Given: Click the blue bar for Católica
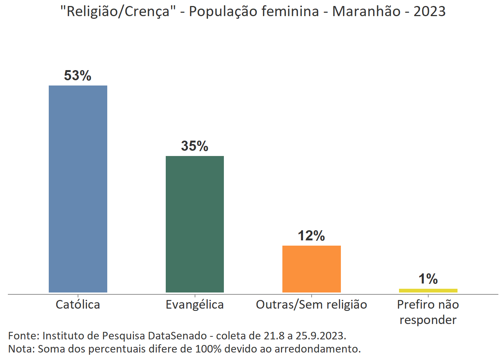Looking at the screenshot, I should click(x=78, y=189).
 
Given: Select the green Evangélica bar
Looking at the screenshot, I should click(x=195, y=224).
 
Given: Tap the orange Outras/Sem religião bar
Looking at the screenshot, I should click(x=311, y=269).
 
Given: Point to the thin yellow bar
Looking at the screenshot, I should click(x=428, y=291).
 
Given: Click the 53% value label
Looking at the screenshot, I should click(x=78, y=76).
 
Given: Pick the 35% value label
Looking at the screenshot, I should click(x=195, y=146).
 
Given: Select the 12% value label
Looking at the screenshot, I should click(x=311, y=236).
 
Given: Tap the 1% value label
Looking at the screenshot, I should click(x=428, y=279).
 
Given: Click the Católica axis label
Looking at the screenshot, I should click(x=78, y=304).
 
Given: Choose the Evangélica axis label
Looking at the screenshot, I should click(x=195, y=304).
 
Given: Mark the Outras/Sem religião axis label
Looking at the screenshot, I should click(x=311, y=304).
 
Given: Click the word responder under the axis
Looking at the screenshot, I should click(x=428, y=320).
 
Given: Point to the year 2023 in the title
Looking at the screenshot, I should click(x=429, y=12).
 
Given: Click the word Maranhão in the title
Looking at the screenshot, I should click(x=366, y=12).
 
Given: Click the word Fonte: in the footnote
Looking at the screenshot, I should click(x=24, y=336).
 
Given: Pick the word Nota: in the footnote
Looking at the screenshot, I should click(x=21, y=349).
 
